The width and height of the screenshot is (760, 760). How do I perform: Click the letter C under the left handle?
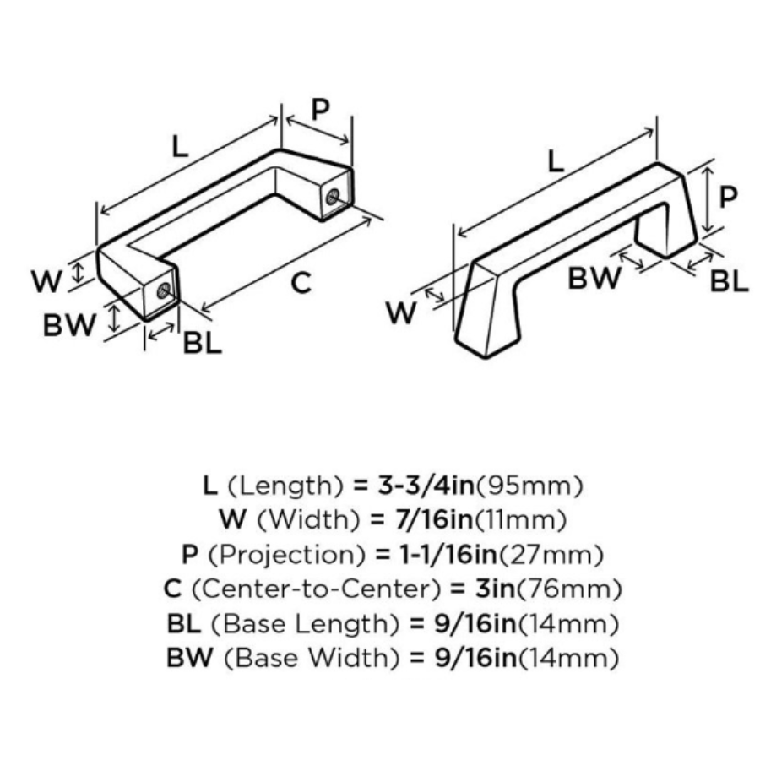point(301,283)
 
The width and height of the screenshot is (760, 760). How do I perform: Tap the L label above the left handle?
point(178,148)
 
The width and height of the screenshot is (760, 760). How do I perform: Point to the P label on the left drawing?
point(320,109)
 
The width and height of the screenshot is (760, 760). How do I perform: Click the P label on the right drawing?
point(728,197)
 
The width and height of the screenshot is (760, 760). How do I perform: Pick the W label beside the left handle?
point(48,281)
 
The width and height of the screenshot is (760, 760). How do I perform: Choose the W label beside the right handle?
point(402,313)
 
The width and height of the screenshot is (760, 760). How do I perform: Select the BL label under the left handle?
point(203,343)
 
